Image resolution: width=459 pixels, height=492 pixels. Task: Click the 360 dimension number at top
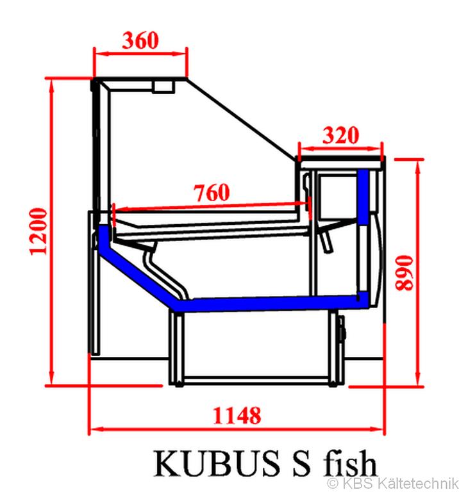[x=140, y=40]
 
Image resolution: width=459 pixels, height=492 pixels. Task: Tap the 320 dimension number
[x=340, y=135]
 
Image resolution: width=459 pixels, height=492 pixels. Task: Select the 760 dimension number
[x=211, y=192]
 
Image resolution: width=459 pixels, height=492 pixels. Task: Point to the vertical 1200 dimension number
[x=38, y=231]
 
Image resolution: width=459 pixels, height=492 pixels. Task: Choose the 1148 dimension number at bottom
[x=237, y=415]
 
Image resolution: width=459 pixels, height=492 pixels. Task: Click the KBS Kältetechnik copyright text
[x=392, y=482]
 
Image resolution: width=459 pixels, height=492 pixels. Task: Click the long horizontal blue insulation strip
[x=269, y=302]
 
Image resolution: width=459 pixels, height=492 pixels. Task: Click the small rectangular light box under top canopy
[x=164, y=86]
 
